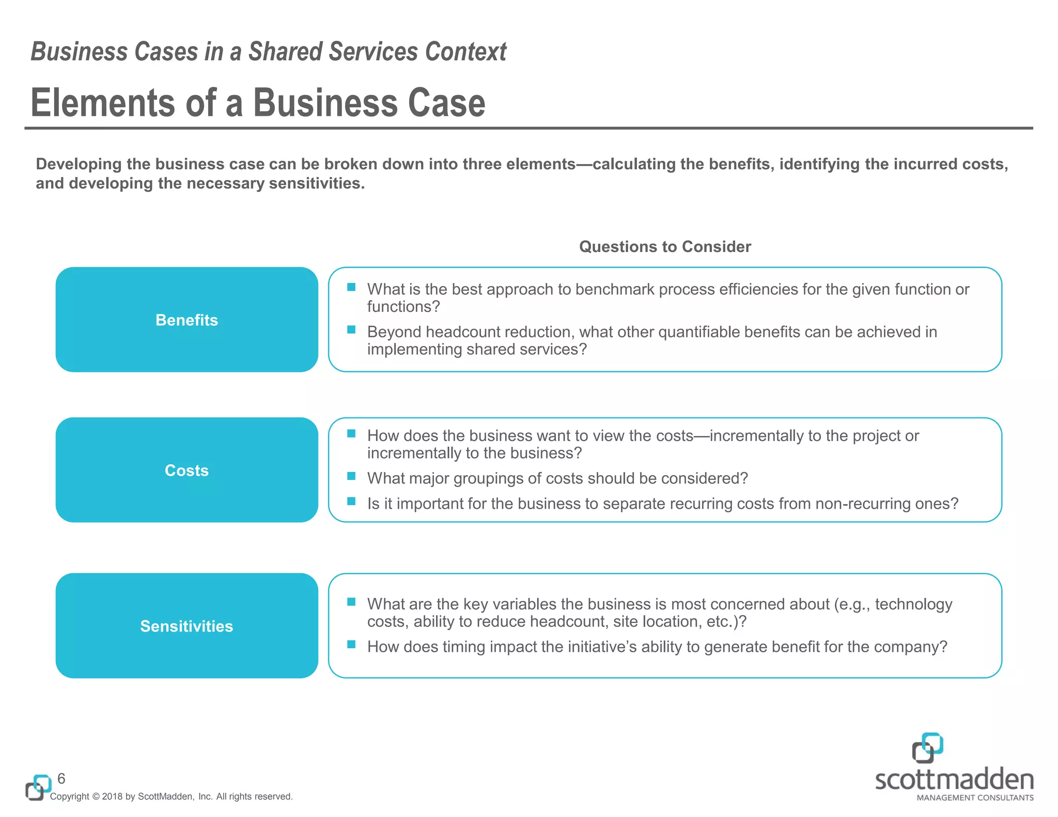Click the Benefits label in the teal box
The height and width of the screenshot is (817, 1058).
(186, 320)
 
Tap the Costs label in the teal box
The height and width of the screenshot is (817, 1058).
(186, 470)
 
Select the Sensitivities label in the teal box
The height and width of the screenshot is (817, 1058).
(186, 626)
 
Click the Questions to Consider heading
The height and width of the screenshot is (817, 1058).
(665, 247)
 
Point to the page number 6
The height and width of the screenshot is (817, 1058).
(61, 778)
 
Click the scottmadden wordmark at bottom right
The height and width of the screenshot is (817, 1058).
(954, 779)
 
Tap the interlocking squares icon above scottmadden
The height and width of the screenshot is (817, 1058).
(927, 747)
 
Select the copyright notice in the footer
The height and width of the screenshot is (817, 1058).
(171, 796)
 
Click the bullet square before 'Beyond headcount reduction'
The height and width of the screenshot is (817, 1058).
(351, 329)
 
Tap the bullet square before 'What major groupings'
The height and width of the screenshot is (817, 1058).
(351, 476)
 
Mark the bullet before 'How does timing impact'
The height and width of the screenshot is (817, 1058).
(351, 645)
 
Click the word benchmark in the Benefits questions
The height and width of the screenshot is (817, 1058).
(614, 289)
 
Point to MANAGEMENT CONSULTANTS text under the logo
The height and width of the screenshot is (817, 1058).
(975, 798)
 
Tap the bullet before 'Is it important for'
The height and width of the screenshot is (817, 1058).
(351, 501)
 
